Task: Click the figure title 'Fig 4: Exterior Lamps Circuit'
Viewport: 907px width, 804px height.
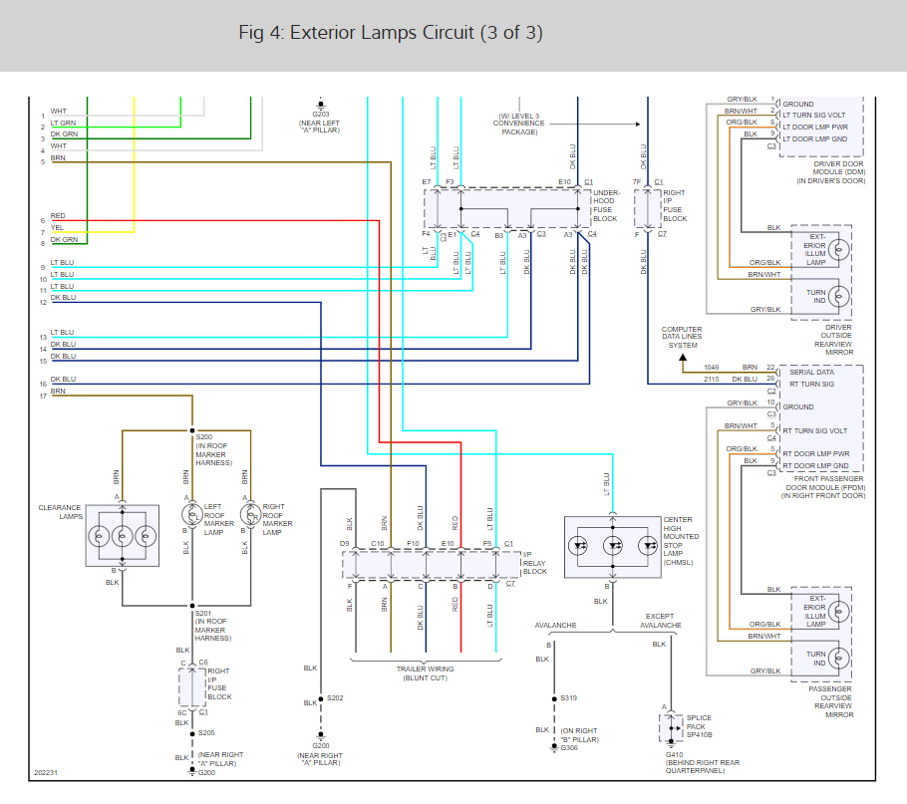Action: [x=391, y=33]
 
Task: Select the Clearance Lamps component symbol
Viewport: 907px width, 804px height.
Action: [x=122, y=533]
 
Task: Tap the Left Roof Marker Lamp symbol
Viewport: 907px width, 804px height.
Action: [x=191, y=514]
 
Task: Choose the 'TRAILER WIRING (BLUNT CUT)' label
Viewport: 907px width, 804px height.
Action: [x=425, y=672]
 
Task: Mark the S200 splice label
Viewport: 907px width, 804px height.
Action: [x=204, y=437]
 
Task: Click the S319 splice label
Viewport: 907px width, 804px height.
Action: [x=568, y=698]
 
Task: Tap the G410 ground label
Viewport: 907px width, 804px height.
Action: [x=675, y=754]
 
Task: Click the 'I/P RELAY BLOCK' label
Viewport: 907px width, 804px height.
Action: [x=535, y=565]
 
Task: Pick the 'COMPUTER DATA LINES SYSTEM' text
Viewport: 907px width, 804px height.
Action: [x=682, y=337]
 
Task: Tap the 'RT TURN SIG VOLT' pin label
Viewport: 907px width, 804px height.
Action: [x=814, y=430]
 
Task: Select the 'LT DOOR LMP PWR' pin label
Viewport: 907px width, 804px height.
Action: [x=814, y=127]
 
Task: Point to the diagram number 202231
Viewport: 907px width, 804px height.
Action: [x=46, y=771]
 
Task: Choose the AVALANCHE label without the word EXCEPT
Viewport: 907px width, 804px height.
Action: [x=555, y=626]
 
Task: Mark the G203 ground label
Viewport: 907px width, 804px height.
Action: [x=321, y=114]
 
